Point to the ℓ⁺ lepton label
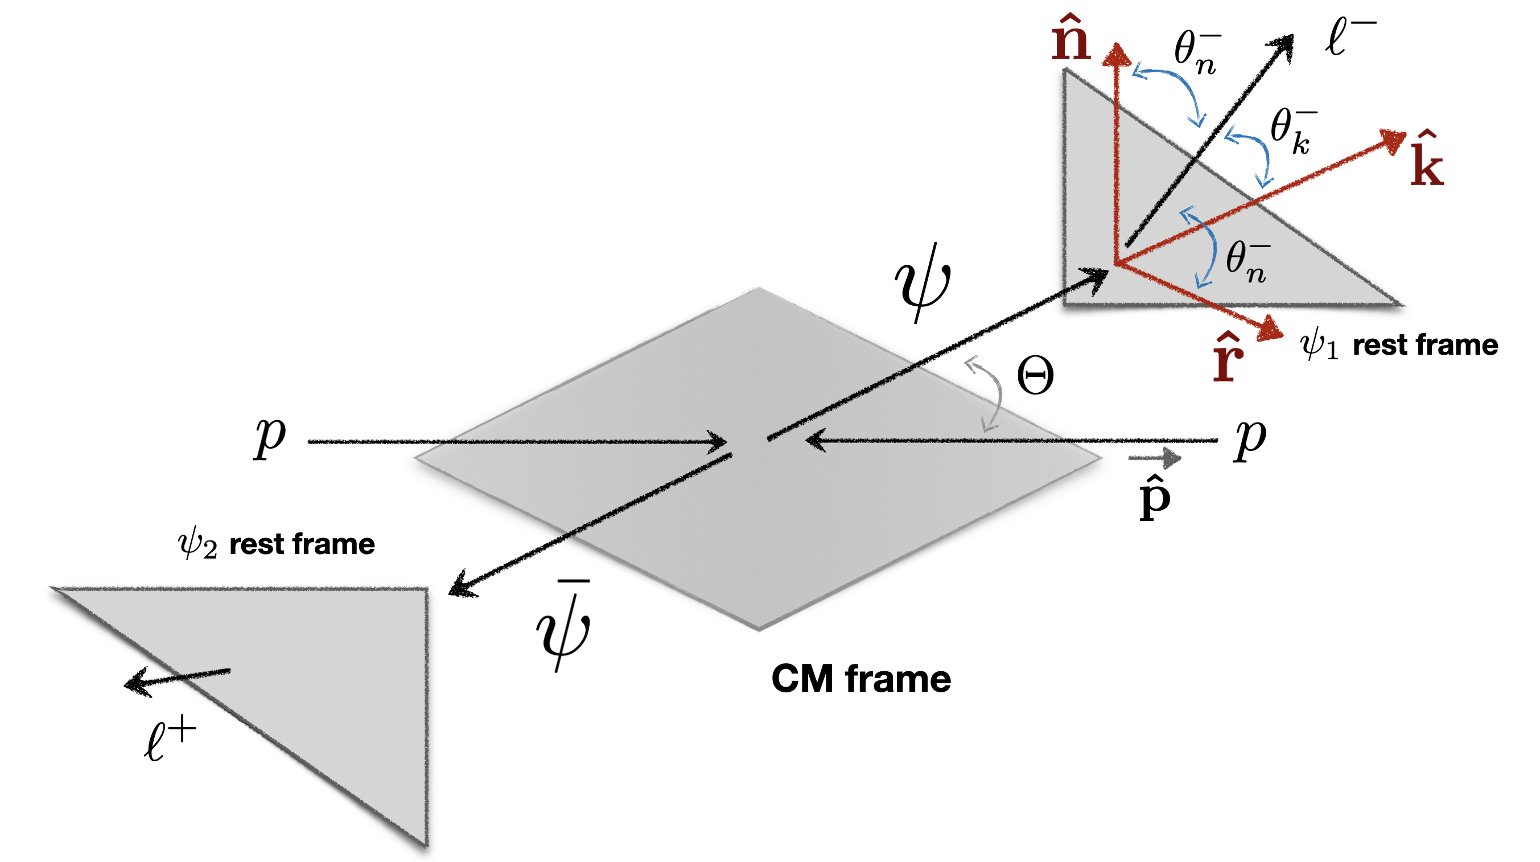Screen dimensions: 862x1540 coord(170,740)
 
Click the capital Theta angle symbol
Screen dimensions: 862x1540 coord(1035,376)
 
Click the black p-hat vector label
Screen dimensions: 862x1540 coord(1154,498)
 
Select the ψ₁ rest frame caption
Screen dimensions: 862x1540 coord(1399,346)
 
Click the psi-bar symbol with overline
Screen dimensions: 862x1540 coord(563,625)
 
